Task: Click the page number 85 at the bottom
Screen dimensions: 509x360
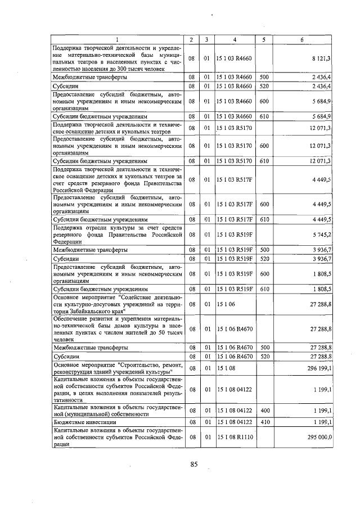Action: click(x=194, y=464)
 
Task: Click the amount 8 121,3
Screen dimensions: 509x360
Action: click(x=321, y=58)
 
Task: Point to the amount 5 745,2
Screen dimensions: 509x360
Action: click(x=321, y=233)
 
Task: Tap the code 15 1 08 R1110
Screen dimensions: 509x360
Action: click(x=235, y=436)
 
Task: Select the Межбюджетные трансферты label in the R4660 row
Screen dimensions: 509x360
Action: click(x=89, y=76)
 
